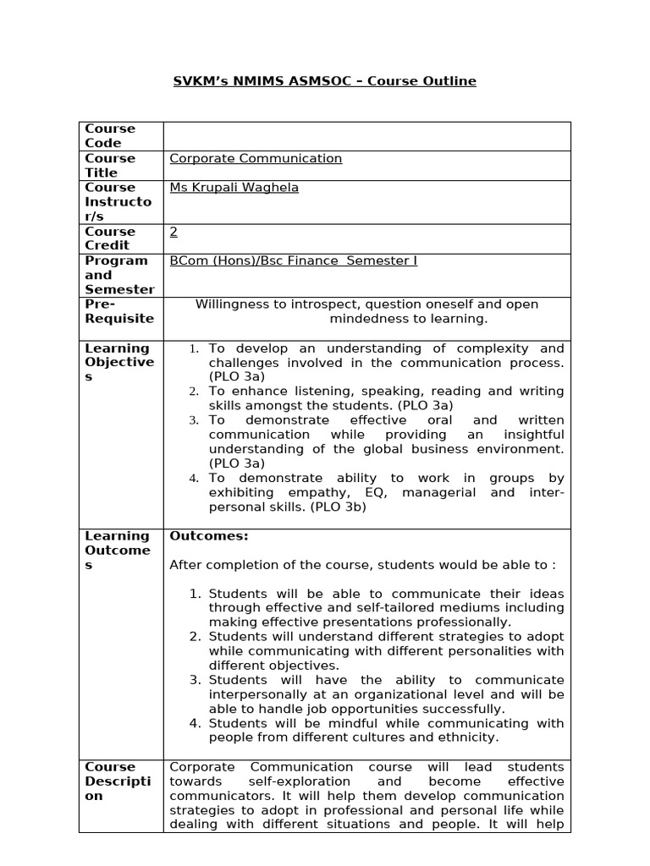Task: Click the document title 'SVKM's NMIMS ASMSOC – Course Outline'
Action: pyautogui.click(x=325, y=81)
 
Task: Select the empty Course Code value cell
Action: pyautogui.click(x=366, y=136)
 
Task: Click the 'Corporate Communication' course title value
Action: pyautogui.click(x=256, y=158)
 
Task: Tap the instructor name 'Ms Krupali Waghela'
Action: pyautogui.click(x=234, y=188)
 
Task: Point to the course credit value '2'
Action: pyautogui.click(x=174, y=231)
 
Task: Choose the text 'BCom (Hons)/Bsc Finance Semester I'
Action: pyautogui.click(x=294, y=260)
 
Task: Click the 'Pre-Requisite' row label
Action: pyautogui.click(x=119, y=311)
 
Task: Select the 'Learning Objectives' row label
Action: pyautogui.click(x=119, y=362)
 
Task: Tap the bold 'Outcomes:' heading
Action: pyautogui.click(x=209, y=535)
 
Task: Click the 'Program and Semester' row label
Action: pyautogui.click(x=119, y=275)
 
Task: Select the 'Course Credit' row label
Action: pyautogui.click(x=110, y=238)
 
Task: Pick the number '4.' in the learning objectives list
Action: pyautogui.click(x=194, y=479)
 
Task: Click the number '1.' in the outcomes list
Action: pyautogui.click(x=195, y=594)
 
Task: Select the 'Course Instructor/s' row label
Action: pyautogui.click(x=118, y=202)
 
